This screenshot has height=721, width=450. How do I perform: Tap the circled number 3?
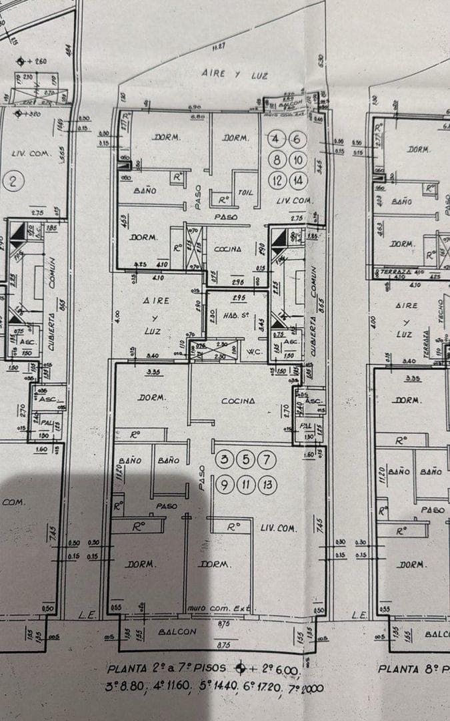(225, 459)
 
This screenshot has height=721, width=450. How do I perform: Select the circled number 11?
(246, 485)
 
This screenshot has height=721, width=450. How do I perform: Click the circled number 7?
(267, 459)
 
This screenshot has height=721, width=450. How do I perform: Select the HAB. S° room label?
(239, 316)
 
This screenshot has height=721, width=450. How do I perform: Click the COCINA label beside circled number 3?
(238, 401)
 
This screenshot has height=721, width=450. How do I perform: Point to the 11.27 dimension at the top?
(218, 46)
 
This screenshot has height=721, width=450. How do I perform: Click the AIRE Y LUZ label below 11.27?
(235, 75)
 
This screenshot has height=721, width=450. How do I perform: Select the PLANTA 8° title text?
(412, 668)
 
